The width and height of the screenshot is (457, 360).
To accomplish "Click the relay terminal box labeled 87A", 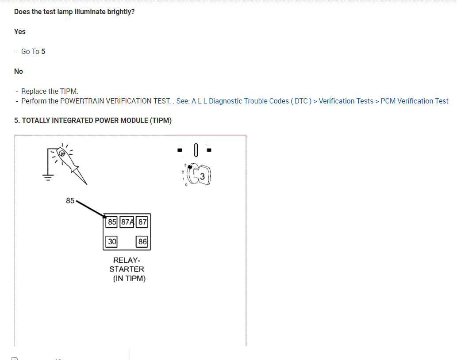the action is tap(127, 222).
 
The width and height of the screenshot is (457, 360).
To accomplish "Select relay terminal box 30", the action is tap(112, 241).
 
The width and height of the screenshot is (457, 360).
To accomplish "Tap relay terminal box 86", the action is tap(142, 241).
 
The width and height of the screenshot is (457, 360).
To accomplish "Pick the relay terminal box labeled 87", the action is tap(142, 222).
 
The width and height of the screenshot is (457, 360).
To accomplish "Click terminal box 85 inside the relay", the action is tap(112, 222).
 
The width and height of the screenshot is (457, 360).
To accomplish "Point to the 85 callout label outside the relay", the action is tap(70, 200).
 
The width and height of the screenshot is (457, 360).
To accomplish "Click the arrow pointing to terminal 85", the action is tap(91, 209).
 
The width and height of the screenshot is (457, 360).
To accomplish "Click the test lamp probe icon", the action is tap(71, 164).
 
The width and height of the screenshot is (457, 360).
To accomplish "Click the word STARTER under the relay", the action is tap(127, 269).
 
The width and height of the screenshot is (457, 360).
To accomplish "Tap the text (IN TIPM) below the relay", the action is tap(129, 278).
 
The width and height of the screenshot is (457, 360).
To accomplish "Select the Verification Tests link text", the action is tap(346, 101).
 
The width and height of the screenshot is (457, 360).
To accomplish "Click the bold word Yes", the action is tap(20, 31).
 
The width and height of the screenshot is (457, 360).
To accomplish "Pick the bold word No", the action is tap(19, 71).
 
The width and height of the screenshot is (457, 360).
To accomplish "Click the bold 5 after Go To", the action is tap(43, 51).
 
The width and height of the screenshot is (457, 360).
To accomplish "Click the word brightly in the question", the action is tap(121, 11).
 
